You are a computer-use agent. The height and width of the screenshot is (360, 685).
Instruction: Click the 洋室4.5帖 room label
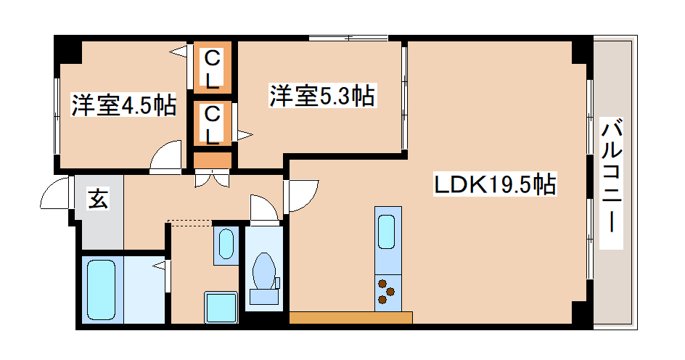123,106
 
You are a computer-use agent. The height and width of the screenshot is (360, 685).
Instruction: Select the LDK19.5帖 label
495,186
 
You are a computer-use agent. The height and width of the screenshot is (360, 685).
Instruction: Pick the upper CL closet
212,68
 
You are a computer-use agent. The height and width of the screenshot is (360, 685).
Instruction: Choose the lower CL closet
212,124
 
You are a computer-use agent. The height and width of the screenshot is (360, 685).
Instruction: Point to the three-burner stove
387,292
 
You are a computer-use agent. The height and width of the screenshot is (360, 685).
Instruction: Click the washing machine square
221,308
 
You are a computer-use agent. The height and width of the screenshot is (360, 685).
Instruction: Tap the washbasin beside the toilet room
226,244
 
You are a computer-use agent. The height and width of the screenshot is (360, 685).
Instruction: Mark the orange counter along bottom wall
350,317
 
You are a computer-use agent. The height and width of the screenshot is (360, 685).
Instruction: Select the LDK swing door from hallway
303,195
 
